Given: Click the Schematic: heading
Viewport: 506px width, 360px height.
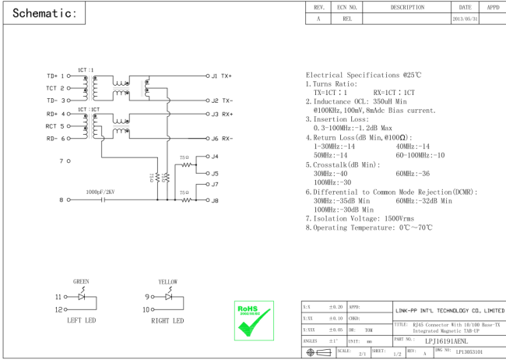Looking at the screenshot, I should (44, 15).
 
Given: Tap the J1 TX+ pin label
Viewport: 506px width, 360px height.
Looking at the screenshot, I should (221, 76).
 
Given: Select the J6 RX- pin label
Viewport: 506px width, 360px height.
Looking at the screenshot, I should (221, 139).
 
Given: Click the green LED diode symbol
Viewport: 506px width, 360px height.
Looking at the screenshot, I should (81, 297).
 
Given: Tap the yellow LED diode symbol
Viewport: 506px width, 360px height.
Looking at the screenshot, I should (167, 297).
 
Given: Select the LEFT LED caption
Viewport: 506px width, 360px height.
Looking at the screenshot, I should (81, 320).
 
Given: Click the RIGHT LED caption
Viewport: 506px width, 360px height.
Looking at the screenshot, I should (167, 320).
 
